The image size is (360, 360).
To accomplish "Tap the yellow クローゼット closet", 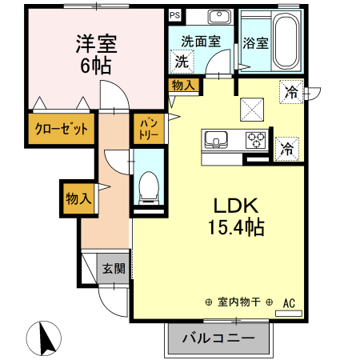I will (x=60, y=128).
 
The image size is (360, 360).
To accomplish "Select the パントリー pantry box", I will (x=149, y=129).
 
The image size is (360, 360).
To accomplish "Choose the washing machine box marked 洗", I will (x=182, y=61).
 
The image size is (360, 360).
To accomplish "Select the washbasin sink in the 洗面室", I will (x=217, y=18).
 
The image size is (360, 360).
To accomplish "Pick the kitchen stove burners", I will (x=256, y=140).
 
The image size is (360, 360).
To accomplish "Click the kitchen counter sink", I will (x=215, y=141).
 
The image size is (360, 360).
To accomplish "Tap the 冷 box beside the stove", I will (x=286, y=147).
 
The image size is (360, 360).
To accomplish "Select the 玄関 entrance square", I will (x=112, y=269).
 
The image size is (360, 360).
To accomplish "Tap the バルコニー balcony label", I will (x=218, y=338).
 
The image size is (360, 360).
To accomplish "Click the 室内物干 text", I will (x=239, y=302).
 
